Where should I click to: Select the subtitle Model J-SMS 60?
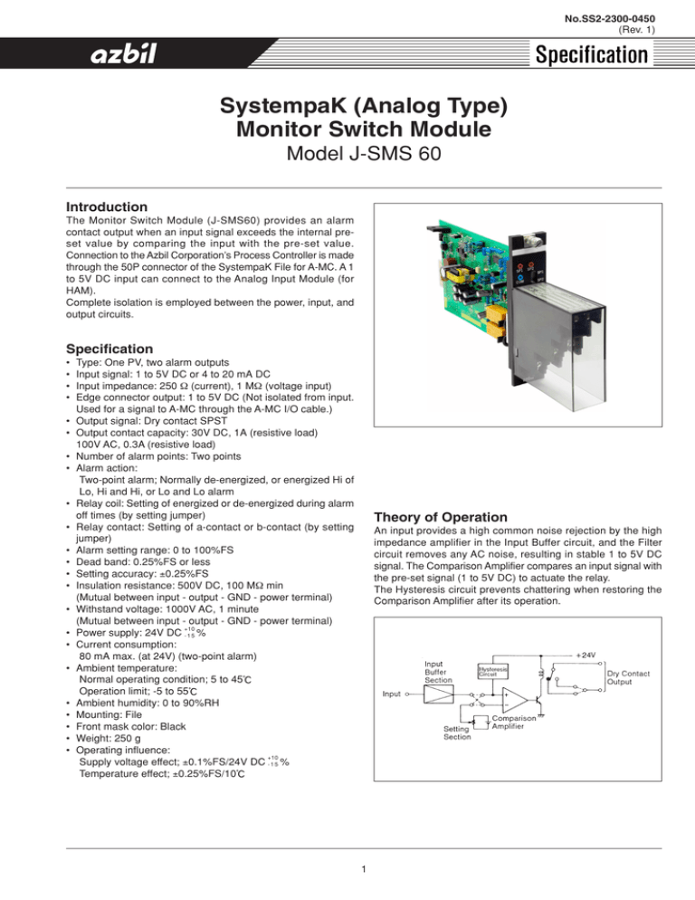[347, 155]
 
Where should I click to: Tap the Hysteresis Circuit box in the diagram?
[492, 672]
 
